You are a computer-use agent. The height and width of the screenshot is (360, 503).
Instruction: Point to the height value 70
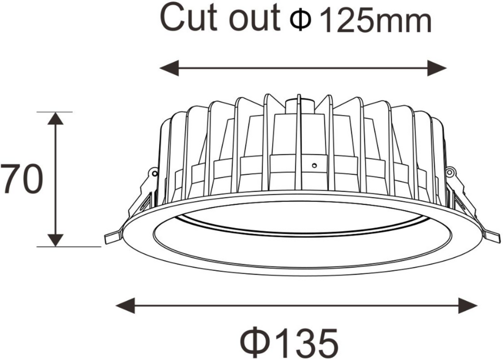(x=20, y=180)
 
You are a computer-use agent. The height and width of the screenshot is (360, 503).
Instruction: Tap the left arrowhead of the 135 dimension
(x=125, y=305)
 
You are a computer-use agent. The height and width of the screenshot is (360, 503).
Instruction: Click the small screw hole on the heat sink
(x=313, y=166)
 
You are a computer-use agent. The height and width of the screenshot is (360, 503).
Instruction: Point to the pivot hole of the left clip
(x=154, y=173)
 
